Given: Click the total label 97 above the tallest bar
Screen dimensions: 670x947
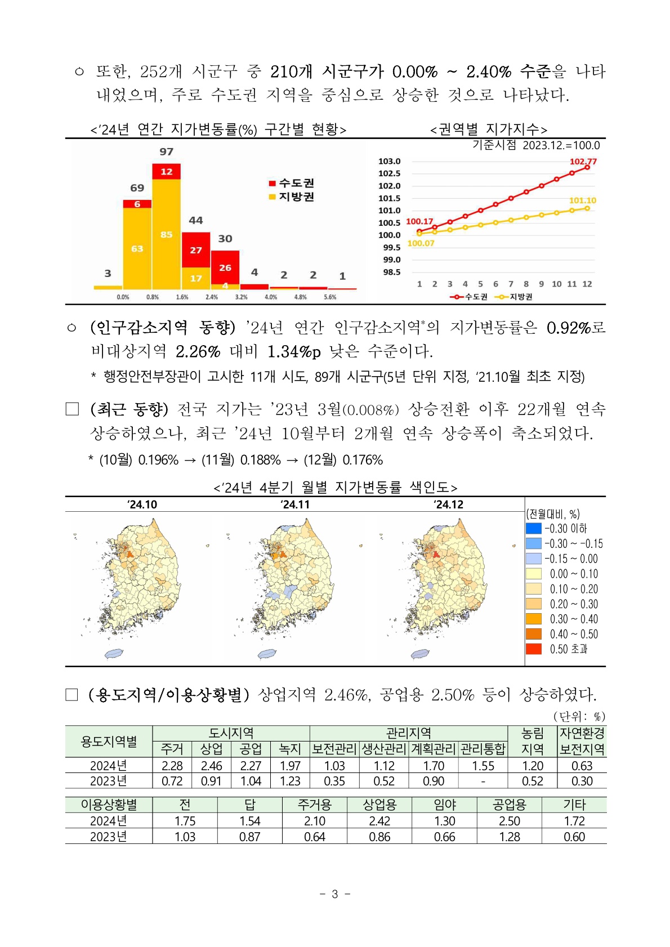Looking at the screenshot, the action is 166,151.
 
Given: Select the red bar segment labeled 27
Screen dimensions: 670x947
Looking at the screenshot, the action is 196,250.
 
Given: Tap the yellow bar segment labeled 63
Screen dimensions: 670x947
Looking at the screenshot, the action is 137,249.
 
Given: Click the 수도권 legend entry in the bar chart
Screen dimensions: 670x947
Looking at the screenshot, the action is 291,183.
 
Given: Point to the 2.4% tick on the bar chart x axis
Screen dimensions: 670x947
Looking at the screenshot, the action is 211,297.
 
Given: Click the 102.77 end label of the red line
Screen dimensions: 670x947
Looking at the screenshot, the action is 583,161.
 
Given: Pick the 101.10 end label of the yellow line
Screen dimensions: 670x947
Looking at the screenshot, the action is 583,200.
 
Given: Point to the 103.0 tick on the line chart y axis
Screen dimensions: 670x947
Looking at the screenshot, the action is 389,161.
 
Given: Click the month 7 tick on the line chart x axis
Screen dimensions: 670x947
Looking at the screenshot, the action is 511,284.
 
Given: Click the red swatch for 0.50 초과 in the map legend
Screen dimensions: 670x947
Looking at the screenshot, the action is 533,649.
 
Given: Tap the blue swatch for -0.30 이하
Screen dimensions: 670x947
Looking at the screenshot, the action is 533,529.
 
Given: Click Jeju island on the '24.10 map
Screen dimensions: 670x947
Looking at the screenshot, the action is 114,654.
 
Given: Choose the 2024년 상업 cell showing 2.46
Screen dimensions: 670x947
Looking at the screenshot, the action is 211,766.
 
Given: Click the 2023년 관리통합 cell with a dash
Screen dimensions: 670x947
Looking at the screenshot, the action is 483,781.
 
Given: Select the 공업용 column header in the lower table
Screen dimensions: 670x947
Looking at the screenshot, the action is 510,805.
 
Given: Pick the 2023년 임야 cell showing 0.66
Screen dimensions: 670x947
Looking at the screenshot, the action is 444,837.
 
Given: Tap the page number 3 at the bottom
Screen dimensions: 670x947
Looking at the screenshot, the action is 335,894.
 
